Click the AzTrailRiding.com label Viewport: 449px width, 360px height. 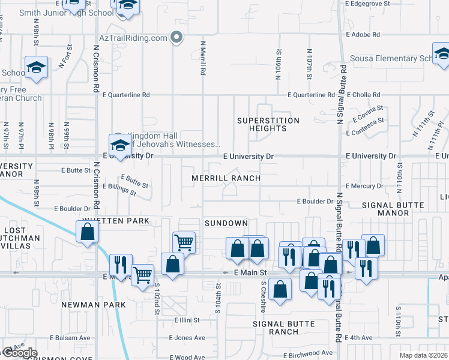[x=133, y=38]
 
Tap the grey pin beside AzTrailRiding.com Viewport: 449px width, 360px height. [x=176, y=38]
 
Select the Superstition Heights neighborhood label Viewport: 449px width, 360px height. [x=268, y=124]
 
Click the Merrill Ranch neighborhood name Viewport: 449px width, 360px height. [x=226, y=178]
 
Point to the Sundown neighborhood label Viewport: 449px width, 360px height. [x=226, y=223]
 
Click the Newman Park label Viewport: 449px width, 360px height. [x=94, y=305]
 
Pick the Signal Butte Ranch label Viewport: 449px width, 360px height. [x=283, y=328]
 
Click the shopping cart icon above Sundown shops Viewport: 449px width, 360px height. [x=184, y=243]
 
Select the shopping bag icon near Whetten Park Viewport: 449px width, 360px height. [x=87, y=233]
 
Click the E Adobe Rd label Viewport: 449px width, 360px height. [x=363, y=35]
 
